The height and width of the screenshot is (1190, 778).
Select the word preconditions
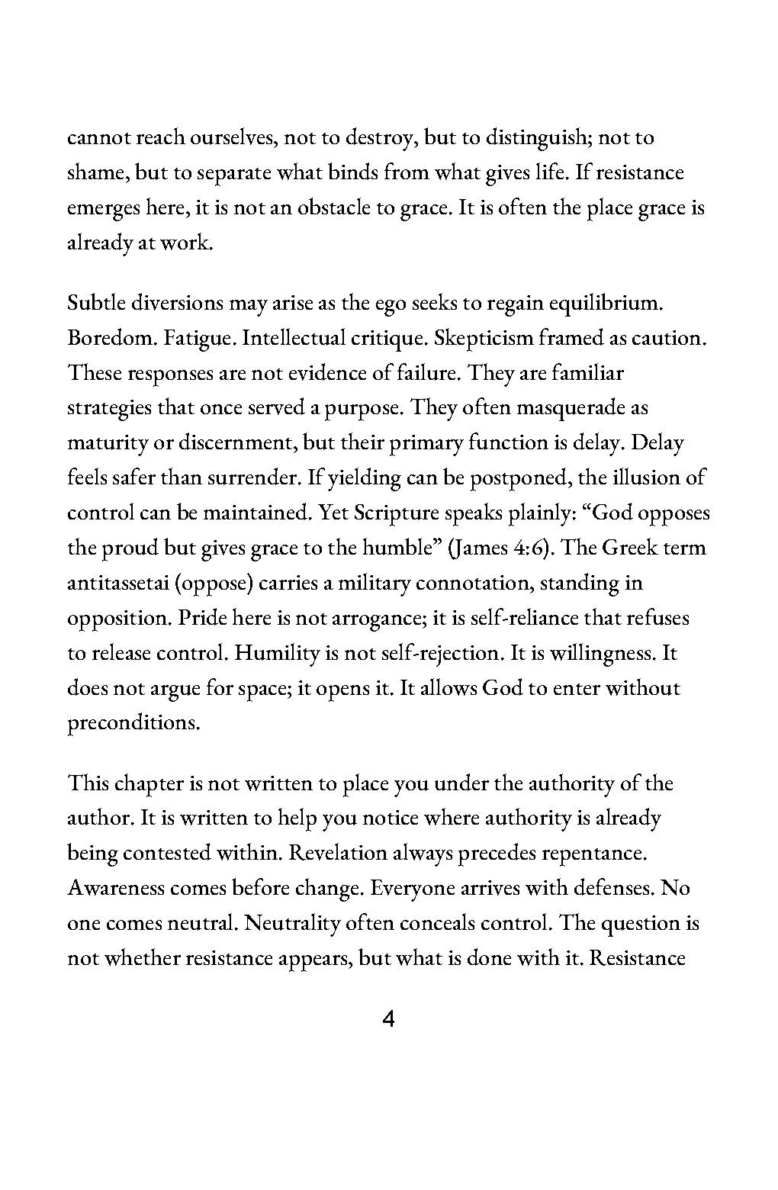tap(134, 723)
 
